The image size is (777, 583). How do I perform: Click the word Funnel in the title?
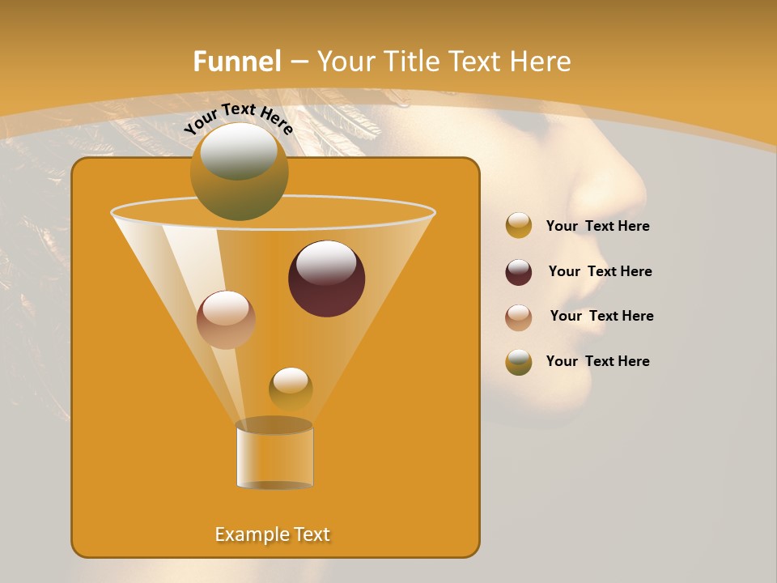[237, 62]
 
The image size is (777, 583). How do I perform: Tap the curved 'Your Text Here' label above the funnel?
[238, 118]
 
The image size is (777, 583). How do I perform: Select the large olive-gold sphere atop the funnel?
[239, 171]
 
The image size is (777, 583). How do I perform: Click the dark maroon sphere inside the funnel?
[326, 279]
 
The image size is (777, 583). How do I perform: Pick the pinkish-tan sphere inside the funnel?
[226, 320]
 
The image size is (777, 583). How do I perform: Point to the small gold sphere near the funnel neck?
[291, 389]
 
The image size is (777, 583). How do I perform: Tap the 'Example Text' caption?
[273, 534]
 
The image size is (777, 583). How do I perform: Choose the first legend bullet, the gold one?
[519, 226]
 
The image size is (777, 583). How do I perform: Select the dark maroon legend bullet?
[519, 272]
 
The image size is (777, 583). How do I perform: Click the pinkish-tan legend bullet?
[519, 317]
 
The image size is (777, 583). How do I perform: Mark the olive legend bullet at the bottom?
[519, 362]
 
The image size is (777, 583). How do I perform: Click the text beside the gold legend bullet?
[597, 227]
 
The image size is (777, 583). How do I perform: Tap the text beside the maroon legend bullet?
[600, 272]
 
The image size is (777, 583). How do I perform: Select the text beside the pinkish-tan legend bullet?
[601, 317]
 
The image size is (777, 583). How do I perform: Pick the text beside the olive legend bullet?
[597, 361]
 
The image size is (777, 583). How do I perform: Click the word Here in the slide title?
[542, 62]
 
